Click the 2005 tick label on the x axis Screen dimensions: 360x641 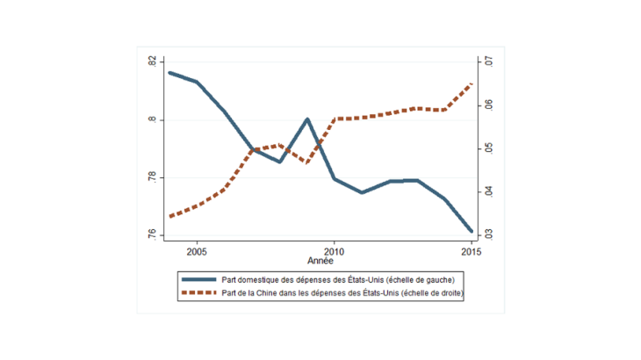point(197,251)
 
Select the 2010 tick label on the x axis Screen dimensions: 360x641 point(334,251)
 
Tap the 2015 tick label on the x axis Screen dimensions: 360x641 point(471,251)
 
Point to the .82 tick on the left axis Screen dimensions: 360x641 point(152,62)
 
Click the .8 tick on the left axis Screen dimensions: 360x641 point(152,120)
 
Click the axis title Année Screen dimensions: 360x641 point(320,262)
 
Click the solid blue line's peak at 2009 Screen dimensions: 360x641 point(307,119)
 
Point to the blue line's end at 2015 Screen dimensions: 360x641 point(472,231)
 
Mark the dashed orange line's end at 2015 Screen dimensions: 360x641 point(472,84)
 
